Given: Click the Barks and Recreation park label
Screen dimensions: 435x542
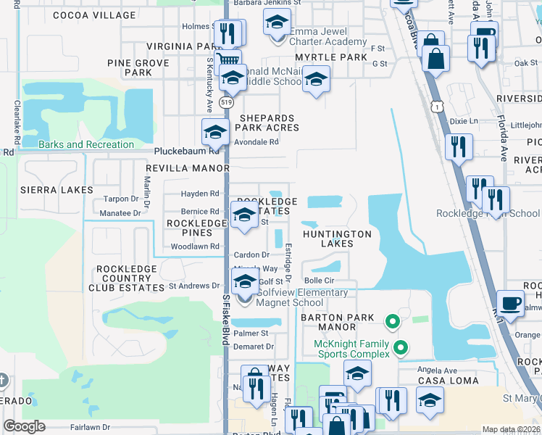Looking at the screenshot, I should click(86, 144).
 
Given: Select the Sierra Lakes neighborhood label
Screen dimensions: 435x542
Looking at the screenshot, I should click(57, 190).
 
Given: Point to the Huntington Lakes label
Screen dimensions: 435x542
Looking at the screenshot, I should click(337, 239).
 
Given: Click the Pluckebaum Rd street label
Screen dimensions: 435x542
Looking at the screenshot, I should click(187, 152).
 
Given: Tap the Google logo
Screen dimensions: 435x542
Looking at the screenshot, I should click(25, 426).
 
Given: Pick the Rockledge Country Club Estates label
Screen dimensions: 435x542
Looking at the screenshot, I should click(131, 278).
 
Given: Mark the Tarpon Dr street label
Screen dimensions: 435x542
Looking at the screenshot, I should click(120, 199).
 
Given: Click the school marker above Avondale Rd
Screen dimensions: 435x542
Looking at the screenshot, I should click(214, 131).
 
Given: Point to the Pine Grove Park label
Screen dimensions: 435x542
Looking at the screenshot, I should click(138, 68).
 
